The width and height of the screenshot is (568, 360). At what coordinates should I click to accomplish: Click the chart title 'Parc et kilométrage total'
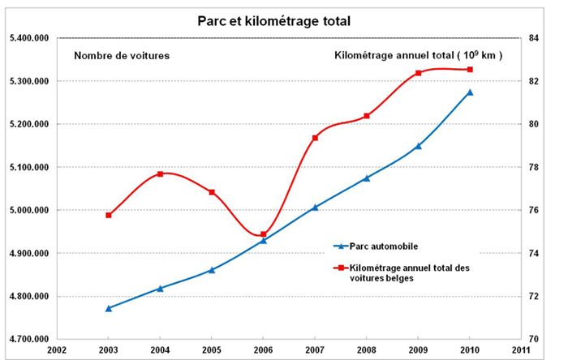273,20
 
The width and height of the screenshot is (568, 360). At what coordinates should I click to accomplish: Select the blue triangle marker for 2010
470,92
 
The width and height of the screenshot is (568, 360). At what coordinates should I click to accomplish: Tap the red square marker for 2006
263,234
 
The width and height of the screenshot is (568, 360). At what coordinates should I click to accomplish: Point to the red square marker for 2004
160,174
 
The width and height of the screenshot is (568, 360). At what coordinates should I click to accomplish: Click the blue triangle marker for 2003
109,308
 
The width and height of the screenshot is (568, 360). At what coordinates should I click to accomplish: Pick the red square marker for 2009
418,73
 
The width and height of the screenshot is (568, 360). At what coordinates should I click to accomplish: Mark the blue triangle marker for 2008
367,178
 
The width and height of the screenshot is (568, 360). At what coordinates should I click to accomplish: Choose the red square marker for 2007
315,138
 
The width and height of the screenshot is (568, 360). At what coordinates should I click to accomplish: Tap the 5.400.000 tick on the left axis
30,38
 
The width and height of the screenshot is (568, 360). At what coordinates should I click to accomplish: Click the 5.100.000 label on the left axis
30,167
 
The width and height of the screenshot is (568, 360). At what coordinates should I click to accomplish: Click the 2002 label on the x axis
57,349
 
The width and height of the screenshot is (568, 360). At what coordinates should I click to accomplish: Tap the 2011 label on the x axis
521,349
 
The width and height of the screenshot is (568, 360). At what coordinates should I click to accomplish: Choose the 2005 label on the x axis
212,349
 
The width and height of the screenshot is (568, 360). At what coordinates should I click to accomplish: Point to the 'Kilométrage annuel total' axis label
419,56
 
